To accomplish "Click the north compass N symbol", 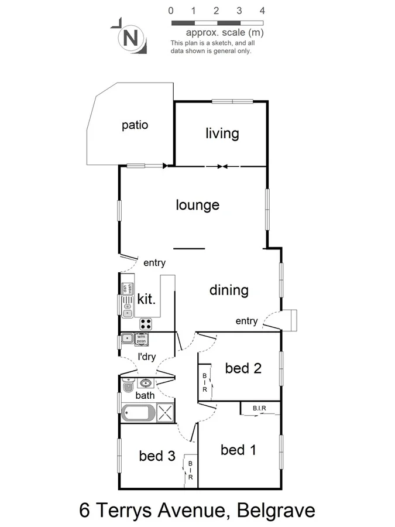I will [x=131, y=39].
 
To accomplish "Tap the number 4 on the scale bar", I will [x=262, y=11].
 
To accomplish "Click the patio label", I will [x=135, y=125].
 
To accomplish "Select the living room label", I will [x=222, y=134].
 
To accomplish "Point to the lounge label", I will [x=198, y=205].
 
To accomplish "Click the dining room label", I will [x=229, y=290].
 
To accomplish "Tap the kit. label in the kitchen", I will [x=147, y=300].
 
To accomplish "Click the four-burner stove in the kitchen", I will [x=146, y=323].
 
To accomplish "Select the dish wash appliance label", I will [x=125, y=289].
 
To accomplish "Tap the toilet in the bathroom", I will [x=128, y=385].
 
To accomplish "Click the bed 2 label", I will [x=243, y=368].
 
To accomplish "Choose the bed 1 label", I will [x=238, y=450].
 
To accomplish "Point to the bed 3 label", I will [x=157, y=456].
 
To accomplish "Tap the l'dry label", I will [x=146, y=357].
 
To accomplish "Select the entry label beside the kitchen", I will [x=154, y=263].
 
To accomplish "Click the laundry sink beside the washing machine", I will [x=126, y=338].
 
